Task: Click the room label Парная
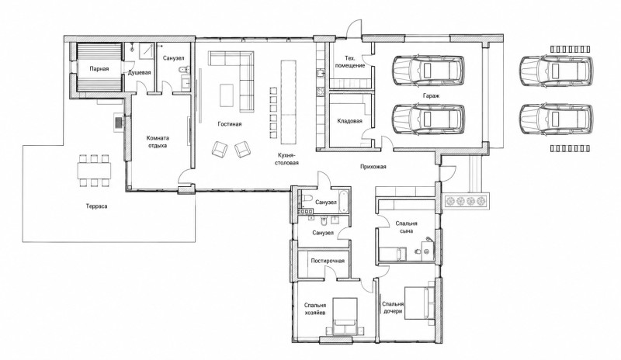(x=99, y=69)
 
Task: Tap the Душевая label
(x=139, y=73)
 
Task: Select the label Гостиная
(x=229, y=124)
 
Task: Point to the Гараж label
(x=431, y=96)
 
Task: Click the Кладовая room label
(x=350, y=121)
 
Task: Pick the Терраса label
(x=96, y=206)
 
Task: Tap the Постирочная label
(x=328, y=261)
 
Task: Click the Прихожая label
(x=373, y=167)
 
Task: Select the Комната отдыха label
(x=158, y=142)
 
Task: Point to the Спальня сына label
(x=406, y=227)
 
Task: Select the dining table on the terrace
(x=94, y=170)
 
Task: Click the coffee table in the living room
(x=227, y=95)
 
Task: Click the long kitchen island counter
(x=288, y=102)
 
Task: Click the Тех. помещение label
(x=350, y=62)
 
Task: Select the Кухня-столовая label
(x=288, y=159)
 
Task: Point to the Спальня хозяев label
(x=315, y=309)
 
